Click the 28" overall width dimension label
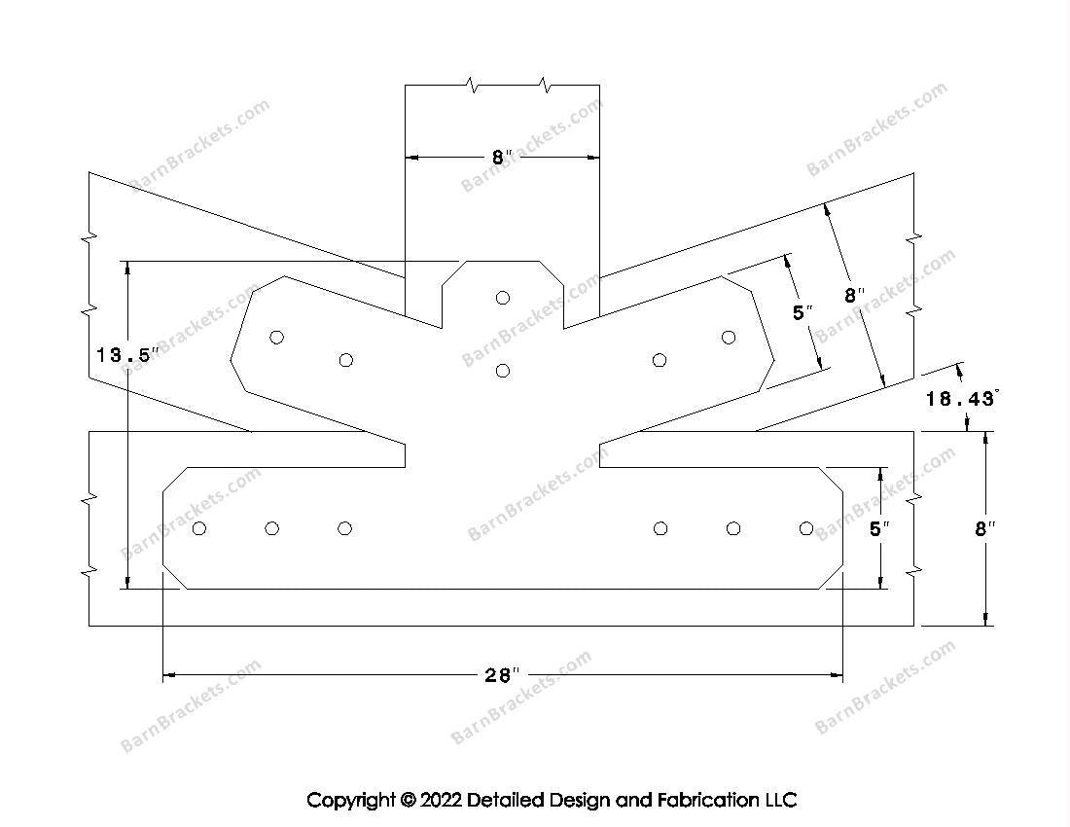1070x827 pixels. pos(502,675)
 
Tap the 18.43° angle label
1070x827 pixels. pos(962,398)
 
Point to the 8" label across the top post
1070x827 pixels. pos(501,157)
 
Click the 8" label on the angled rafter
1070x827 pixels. pos(853,295)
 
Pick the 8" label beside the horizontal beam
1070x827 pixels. pos(985,528)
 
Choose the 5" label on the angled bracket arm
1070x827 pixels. pos(802,313)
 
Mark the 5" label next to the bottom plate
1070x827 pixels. pos(879,528)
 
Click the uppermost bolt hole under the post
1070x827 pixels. pos(503,298)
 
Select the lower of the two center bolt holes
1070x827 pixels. pos(503,370)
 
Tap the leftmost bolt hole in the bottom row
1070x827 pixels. pos(199,528)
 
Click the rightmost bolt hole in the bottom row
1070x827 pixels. pos(805,528)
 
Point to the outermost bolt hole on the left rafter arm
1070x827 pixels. pos(277,337)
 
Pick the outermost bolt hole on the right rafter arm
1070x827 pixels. pos(729,337)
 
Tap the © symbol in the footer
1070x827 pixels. pos(407,801)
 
